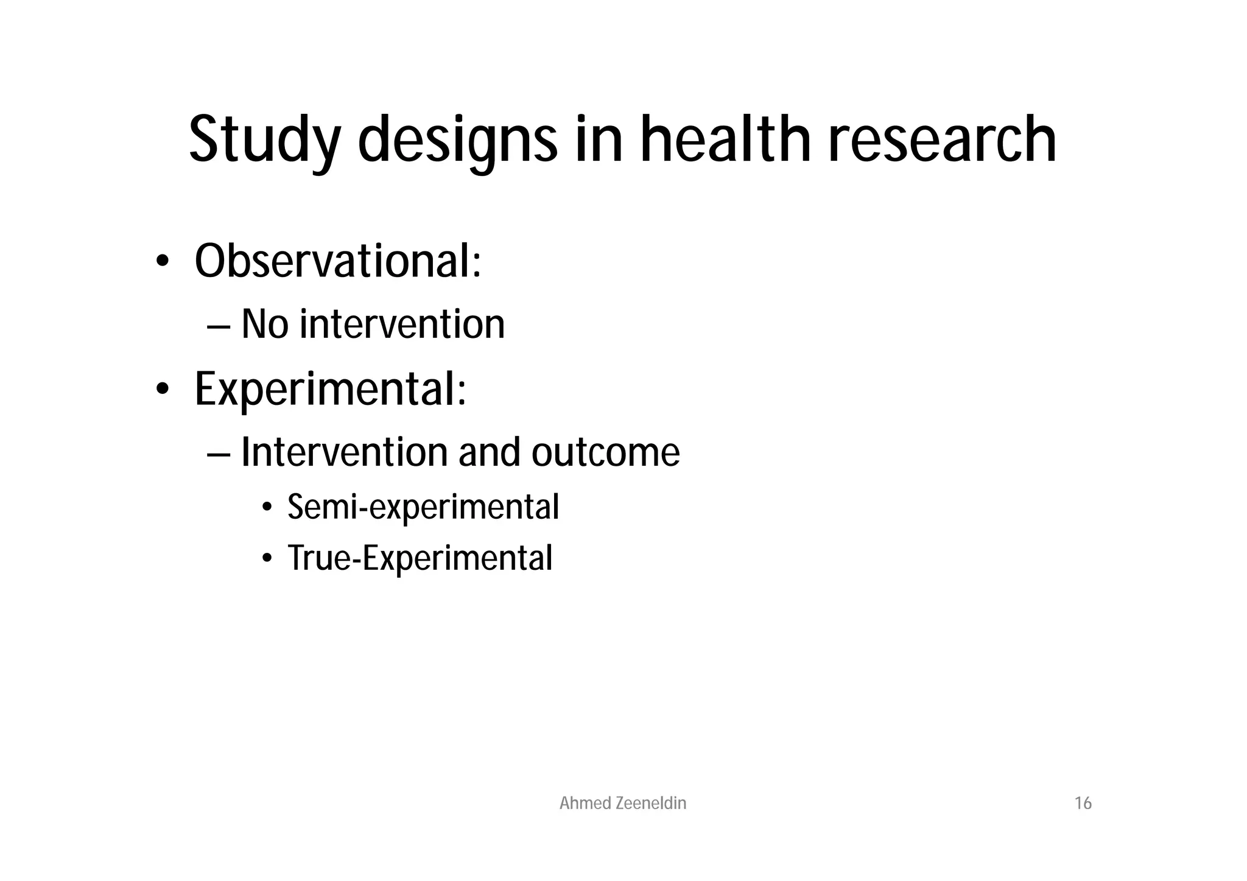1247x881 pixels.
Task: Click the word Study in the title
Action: pyautogui.click(x=265, y=141)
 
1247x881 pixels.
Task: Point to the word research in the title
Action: pyautogui.click(x=942, y=141)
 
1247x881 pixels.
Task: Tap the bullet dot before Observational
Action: pyautogui.click(x=161, y=262)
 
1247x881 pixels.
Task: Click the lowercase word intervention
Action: pyautogui.click(x=402, y=324)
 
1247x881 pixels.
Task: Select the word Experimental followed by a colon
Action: pyautogui.click(x=330, y=389)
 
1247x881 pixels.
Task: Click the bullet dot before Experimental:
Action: pyautogui.click(x=161, y=390)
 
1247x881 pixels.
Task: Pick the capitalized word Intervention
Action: pyautogui.click(x=344, y=452)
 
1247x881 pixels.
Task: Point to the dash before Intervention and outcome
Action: pyautogui.click(x=218, y=455)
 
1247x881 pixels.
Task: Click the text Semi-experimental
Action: pyautogui.click(x=423, y=507)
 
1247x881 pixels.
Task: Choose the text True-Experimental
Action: pyautogui.click(x=420, y=558)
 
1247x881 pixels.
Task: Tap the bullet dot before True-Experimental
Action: pyautogui.click(x=267, y=559)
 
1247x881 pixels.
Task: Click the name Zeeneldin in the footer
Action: pyautogui.click(x=651, y=804)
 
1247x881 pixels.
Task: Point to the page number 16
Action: pyautogui.click(x=1083, y=804)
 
